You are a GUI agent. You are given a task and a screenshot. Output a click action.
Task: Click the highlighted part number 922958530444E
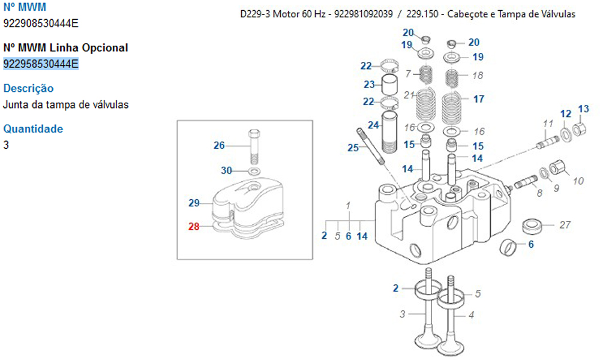click(41, 64)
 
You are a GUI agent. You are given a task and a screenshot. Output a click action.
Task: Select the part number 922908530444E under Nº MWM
click(41, 23)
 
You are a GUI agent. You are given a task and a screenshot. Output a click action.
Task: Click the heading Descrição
click(28, 88)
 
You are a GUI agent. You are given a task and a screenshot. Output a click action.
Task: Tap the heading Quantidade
click(33, 128)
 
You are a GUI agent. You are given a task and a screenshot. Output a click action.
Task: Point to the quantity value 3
click(6, 145)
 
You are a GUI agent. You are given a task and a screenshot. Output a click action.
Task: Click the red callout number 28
click(194, 227)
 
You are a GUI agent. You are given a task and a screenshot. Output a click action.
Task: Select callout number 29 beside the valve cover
click(194, 203)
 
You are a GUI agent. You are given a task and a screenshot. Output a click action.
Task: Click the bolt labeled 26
click(254, 147)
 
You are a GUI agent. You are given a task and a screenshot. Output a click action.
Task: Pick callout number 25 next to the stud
click(353, 148)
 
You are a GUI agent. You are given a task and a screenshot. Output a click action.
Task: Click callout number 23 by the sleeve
click(369, 84)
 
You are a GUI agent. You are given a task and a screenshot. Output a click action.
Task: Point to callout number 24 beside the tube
click(373, 125)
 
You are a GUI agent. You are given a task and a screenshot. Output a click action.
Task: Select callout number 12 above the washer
click(566, 113)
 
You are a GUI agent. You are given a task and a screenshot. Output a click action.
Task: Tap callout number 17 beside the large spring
click(479, 99)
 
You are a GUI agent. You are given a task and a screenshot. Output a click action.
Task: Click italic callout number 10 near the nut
click(578, 181)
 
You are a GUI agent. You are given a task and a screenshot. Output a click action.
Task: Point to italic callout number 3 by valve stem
click(402, 314)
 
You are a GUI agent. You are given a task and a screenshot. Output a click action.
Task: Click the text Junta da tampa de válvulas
click(66, 104)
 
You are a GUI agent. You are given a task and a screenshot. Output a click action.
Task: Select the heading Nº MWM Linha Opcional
click(66, 47)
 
